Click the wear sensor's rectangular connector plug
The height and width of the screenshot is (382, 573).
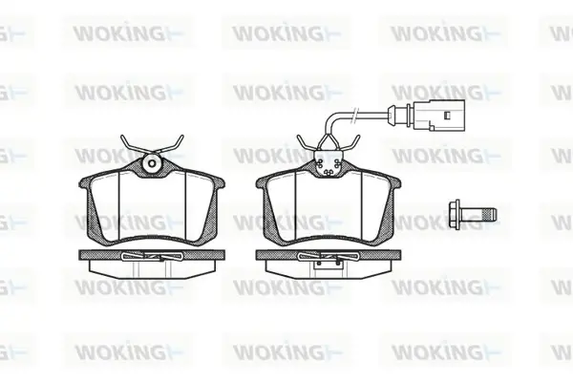[439, 116]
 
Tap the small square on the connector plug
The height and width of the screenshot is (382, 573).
[447, 116]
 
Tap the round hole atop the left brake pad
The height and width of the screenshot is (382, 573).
[153, 163]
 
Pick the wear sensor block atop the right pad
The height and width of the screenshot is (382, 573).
[329, 164]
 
